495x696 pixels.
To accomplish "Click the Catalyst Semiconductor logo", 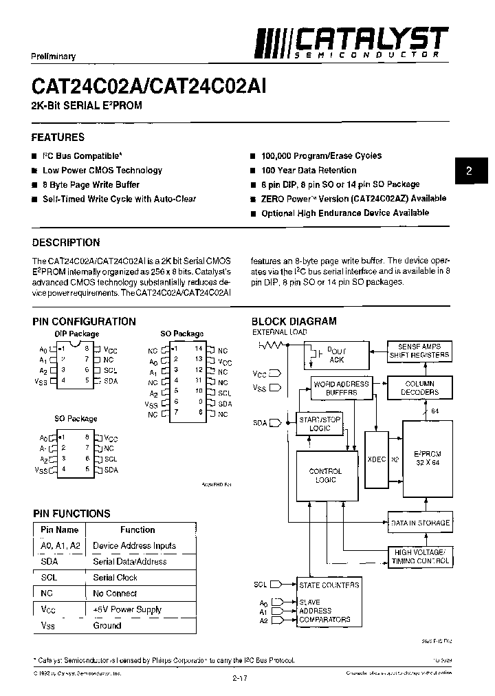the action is pos(351,42).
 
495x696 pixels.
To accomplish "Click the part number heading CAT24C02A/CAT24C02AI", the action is pos(149,86).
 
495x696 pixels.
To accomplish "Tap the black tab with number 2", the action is pos(469,172).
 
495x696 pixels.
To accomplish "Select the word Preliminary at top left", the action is pos(54,56).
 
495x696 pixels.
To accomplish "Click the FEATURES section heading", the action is pos(58,138).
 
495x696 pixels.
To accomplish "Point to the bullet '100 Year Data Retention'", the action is pos(308,170).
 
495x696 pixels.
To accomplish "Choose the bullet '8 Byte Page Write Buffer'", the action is pos(91,184).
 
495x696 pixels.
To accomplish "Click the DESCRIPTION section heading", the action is pos(66,242).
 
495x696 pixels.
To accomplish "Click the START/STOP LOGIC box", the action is pos(319,424).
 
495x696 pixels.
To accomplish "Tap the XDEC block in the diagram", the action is pos(377,459).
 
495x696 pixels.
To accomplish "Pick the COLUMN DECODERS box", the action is pos(419,388).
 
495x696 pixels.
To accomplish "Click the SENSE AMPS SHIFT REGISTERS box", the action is pos(419,351).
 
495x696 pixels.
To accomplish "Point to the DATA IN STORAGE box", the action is pos(419,523).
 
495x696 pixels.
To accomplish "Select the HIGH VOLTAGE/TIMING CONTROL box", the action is pos(419,556).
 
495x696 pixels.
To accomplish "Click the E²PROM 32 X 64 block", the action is pos(427,459).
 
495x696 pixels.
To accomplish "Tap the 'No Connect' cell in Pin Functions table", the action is pos(115,594).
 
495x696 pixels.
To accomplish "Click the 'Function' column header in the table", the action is pos(137,530).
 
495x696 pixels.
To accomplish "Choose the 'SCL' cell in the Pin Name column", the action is pos(49,578).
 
